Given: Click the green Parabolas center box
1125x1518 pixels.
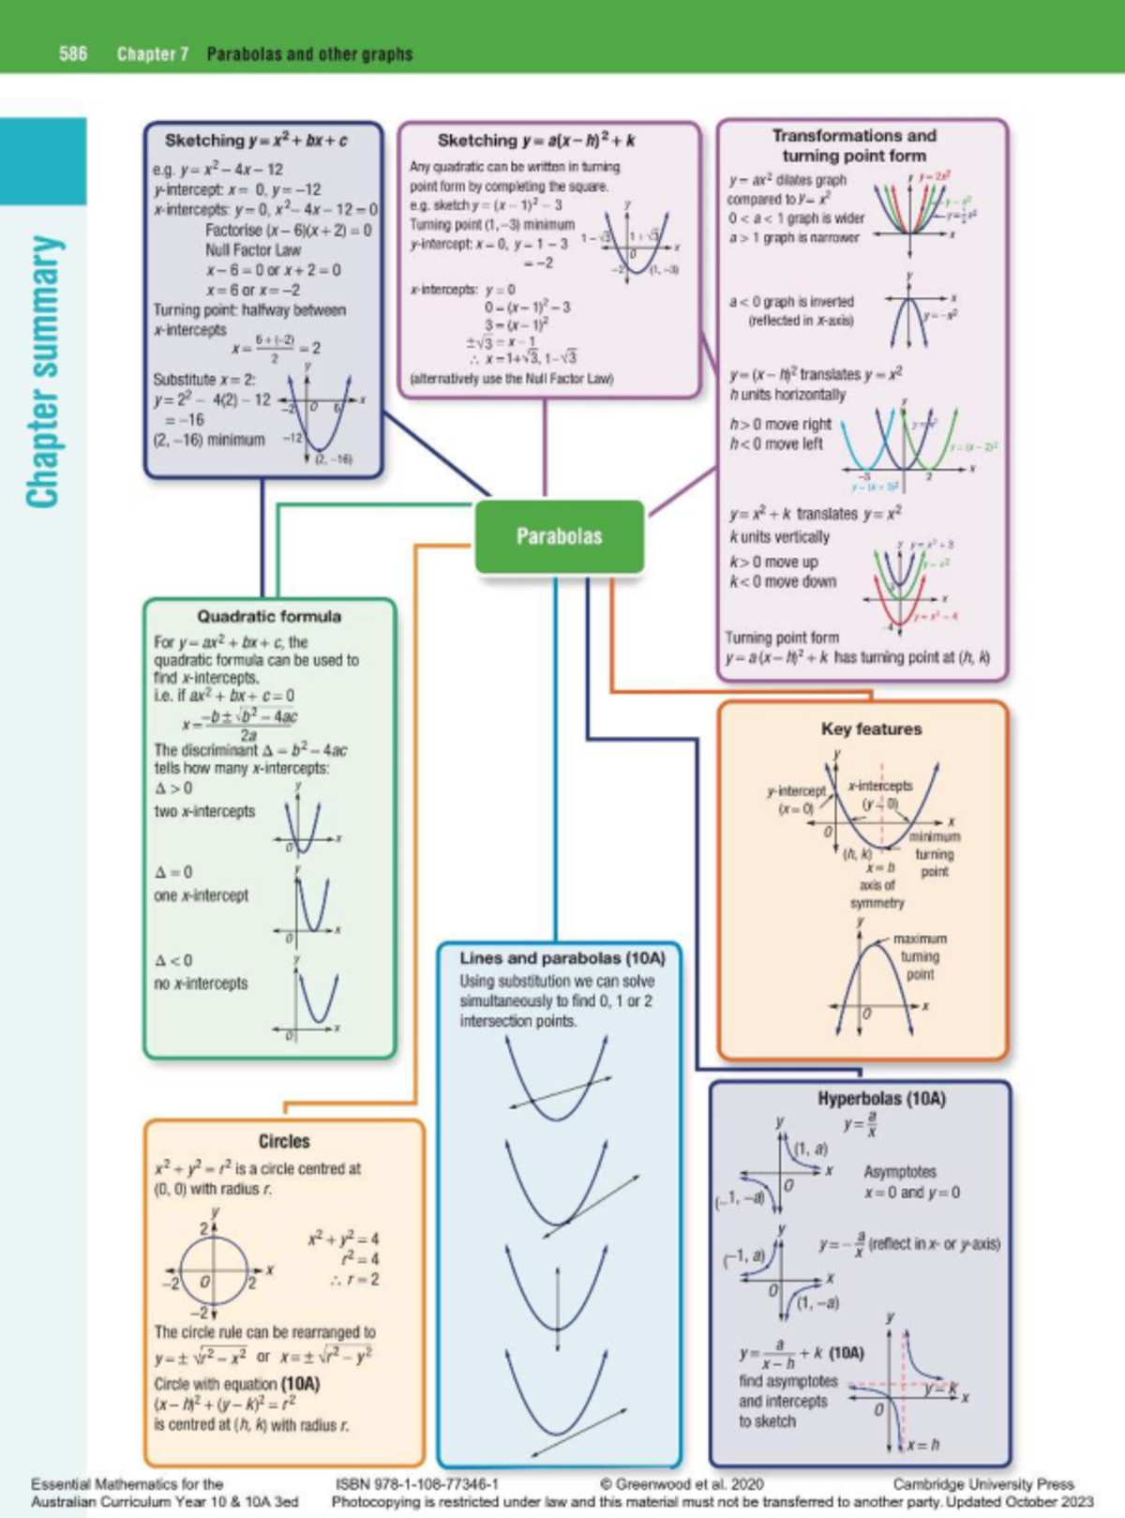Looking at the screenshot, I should [559, 536].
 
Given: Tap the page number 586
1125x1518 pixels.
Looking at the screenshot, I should [73, 53].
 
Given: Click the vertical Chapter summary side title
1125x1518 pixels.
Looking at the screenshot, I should [44, 371].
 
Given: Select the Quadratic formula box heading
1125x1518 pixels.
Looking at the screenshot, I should [269, 616].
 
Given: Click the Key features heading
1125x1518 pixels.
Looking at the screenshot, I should [871, 729].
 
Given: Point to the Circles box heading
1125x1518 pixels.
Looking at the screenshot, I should [284, 1141].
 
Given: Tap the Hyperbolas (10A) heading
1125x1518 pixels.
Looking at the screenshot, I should [881, 1098].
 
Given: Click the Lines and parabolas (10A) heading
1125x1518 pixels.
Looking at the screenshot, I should [562, 958].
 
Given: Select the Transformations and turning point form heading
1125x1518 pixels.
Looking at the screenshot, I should [854, 145].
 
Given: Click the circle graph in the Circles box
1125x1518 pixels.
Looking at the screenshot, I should [215, 1271].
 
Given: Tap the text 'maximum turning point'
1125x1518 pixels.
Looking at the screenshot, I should [919, 956].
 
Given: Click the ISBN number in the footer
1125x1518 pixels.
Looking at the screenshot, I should [416, 1484].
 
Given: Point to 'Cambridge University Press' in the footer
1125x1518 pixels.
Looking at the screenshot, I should [982, 1484].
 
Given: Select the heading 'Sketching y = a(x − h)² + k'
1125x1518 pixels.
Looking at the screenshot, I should [536, 141].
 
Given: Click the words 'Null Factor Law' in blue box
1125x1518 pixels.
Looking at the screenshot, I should [253, 250].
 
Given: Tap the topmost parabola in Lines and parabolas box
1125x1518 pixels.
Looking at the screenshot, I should [557, 1078].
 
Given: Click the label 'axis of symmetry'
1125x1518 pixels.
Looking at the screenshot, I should [877, 894].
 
